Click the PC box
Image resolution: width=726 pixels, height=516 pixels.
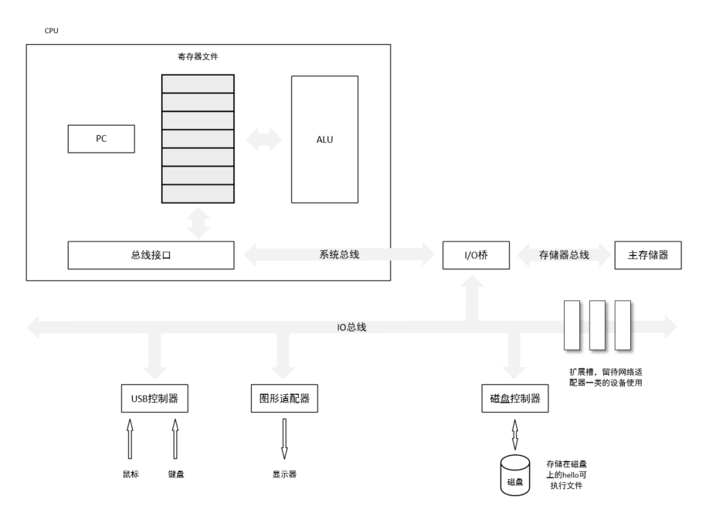pos(101,140)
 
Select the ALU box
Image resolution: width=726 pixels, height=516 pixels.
pos(324,140)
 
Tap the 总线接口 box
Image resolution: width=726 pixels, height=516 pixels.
pos(150,255)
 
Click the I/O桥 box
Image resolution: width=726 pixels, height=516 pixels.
pos(476,255)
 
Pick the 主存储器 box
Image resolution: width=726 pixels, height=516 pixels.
pos(648,255)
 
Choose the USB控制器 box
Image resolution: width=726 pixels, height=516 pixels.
pos(154,399)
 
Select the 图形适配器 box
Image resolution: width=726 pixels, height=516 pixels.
pos(284,399)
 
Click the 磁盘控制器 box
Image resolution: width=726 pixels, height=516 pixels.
pos(514,399)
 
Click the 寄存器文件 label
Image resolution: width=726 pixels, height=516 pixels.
pos(197,57)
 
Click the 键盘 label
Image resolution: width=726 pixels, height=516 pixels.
pos(175,474)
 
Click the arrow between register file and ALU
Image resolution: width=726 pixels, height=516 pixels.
pos(263,140)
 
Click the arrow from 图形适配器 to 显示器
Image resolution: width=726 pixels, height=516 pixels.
pos(284,438)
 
